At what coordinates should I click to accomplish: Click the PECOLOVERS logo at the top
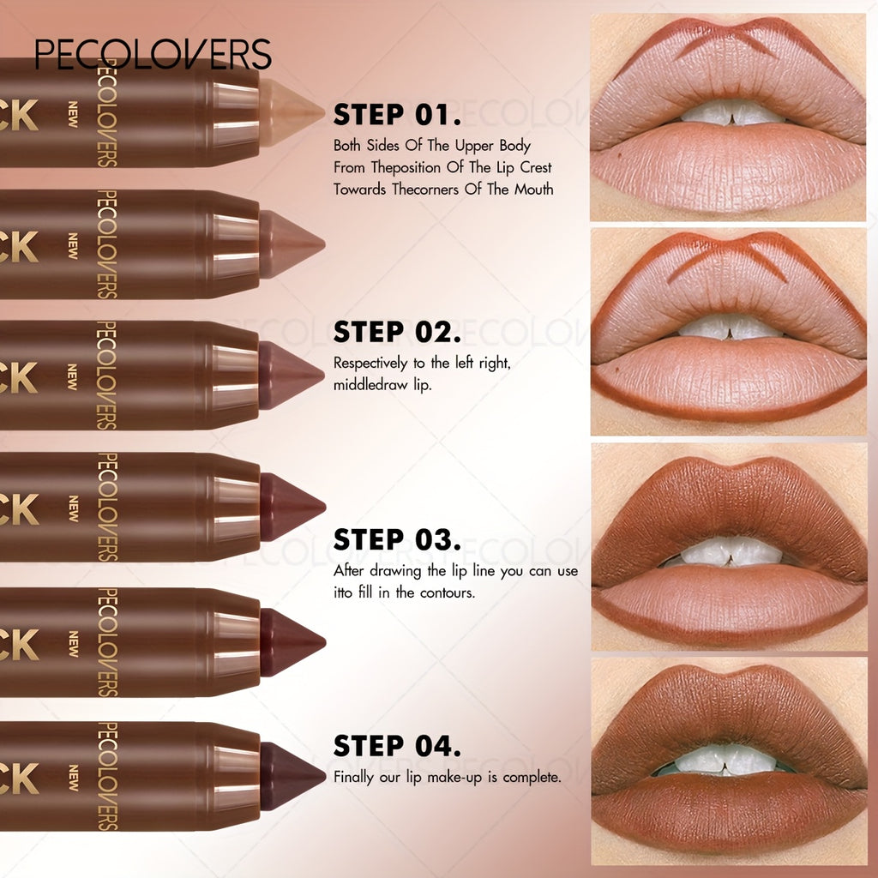tap(153, 54)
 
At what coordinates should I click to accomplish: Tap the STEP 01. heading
tap(397, 115)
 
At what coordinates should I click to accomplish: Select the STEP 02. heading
tap(397, 332)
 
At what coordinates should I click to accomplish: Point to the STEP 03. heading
tap(397, 540)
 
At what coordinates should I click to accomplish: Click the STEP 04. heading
tap(397, 746)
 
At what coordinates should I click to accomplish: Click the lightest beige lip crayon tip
tap(292, 112)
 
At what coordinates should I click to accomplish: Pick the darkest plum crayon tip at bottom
tap(292, 776)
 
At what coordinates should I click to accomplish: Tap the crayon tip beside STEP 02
tap(292, 375)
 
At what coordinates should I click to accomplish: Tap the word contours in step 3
tap(446, 592)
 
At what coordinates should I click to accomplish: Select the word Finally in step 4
tap(353, 778)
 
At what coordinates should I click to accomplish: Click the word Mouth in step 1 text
tap(534, 189)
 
